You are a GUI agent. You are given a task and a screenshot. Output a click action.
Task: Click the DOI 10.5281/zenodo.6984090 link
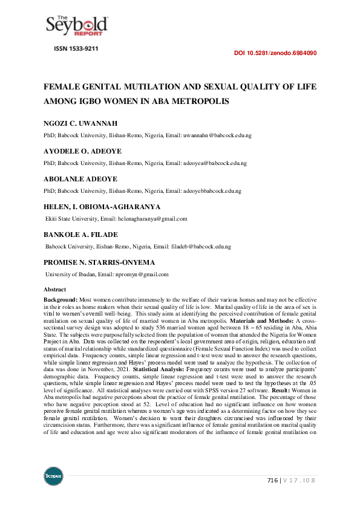[275, 53]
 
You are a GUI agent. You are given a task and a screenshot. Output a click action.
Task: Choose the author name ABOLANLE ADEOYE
[81, 180]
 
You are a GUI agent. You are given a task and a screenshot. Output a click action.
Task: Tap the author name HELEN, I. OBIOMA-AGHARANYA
[102, 207]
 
